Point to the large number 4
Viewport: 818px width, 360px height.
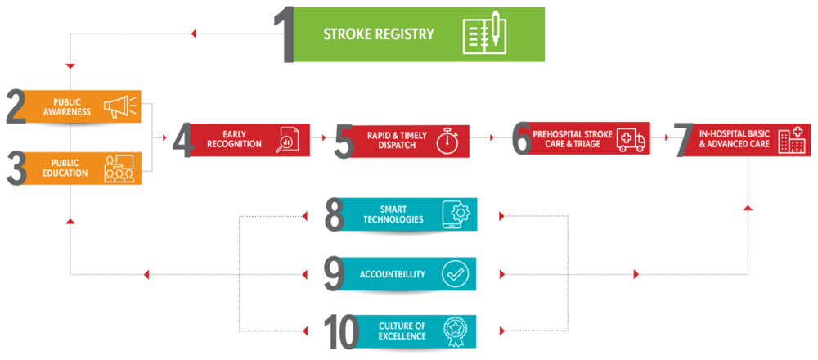coord(182,141)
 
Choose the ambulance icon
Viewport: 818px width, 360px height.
coord(631,141)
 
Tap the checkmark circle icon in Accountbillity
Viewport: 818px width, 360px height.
coord(455,273)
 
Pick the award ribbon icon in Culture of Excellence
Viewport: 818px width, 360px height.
coord(455,330)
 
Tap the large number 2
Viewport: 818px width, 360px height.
coord(16,108)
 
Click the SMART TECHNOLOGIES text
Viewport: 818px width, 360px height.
coord(394,214)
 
